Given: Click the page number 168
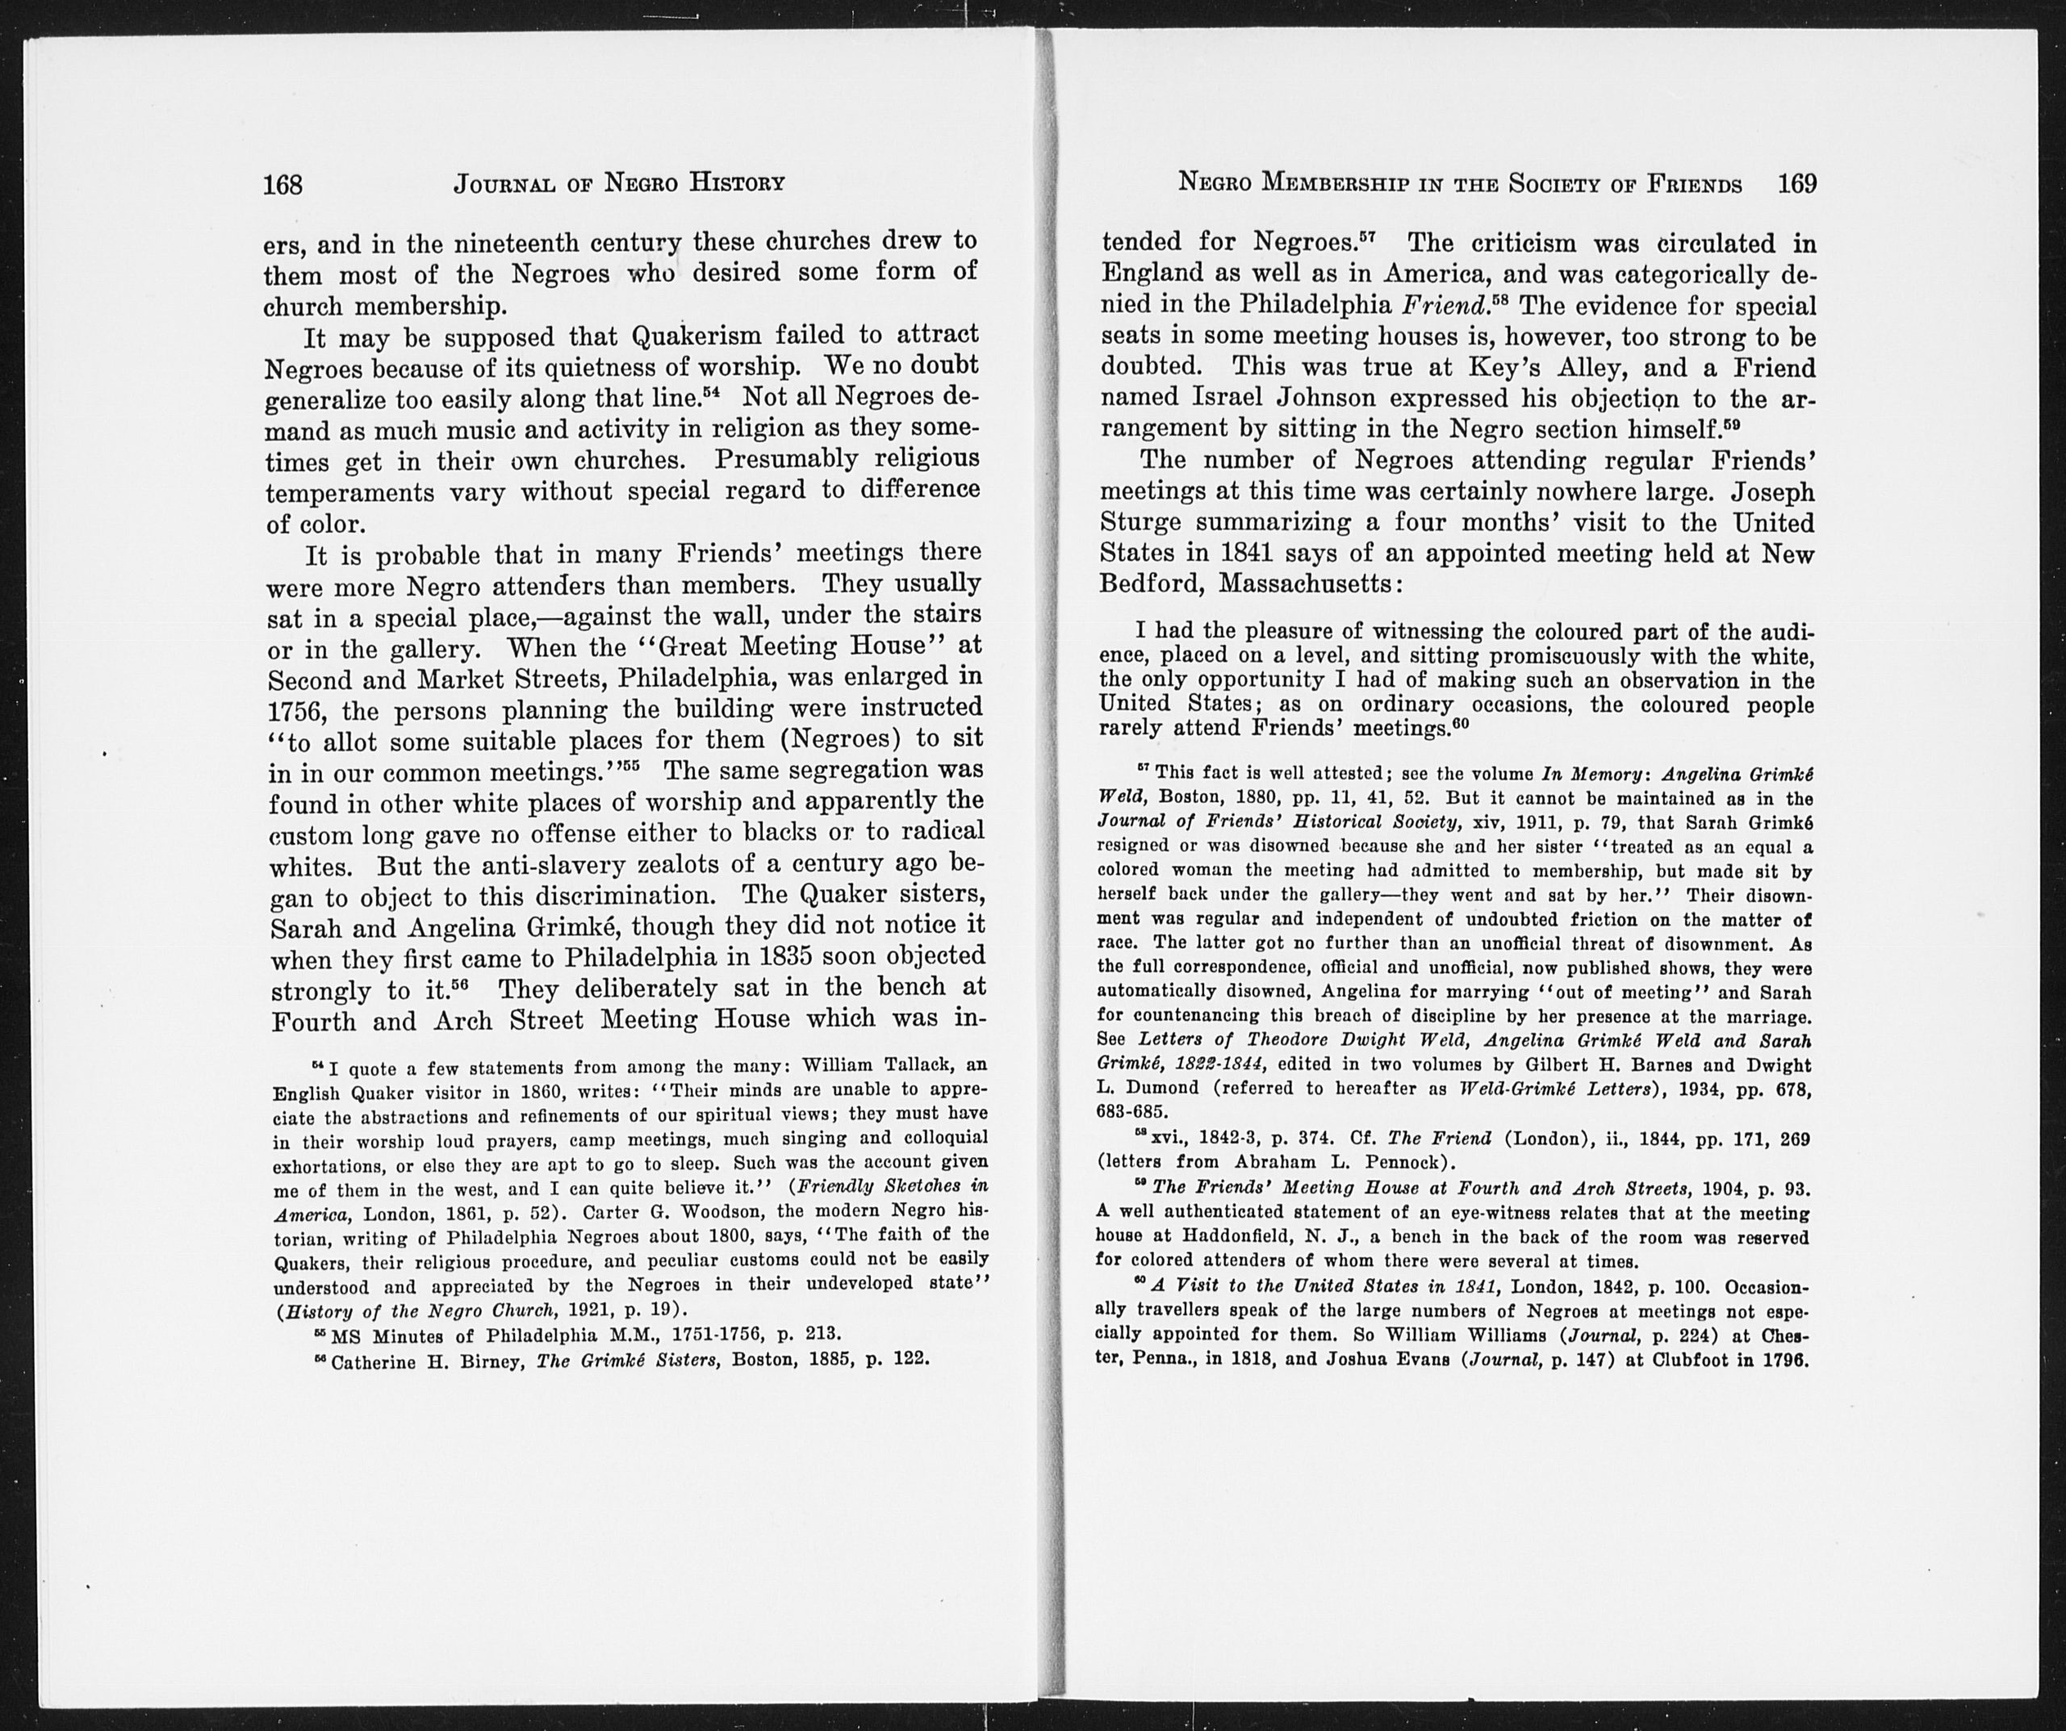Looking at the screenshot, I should click(282, 184).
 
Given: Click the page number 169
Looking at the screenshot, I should click(1796, 183).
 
